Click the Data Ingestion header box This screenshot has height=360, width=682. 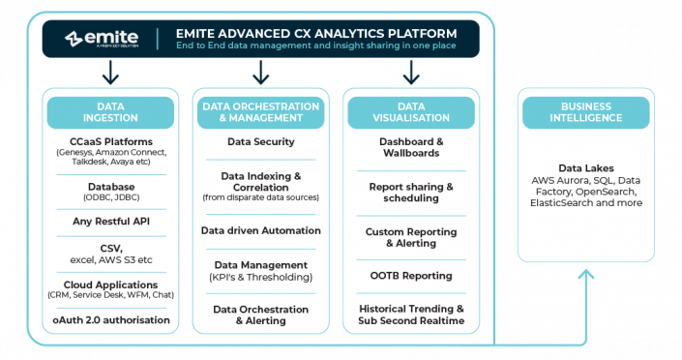click(x=110, y=111)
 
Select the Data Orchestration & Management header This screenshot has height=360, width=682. click(x=260, y=111)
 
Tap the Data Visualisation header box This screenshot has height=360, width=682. click(x=411, y=111)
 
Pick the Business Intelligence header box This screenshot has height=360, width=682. click(x=573, y=111)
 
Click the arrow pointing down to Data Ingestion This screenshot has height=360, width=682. click(x=110, y=73)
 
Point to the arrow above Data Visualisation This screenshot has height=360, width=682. click(x=411, y=73)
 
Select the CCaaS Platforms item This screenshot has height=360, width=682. click(x=111, y=141)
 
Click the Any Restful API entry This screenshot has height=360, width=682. click(x=111, y=222)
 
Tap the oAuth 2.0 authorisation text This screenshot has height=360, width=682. click(x=111, y=319)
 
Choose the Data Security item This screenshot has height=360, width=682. click(x=260, y=141)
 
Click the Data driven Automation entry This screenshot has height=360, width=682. click(x=260, y=230)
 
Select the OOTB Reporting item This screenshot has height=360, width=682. click(x=411, y=275)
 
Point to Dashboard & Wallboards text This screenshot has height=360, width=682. click(x=411, y=147)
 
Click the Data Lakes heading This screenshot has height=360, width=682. click(x=586, y=167)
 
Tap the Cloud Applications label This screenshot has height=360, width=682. click(x=111, y=285)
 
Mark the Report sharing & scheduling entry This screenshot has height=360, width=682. click(x=411, y=192)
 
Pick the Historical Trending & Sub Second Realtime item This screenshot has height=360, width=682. click(x=411, y=314)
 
